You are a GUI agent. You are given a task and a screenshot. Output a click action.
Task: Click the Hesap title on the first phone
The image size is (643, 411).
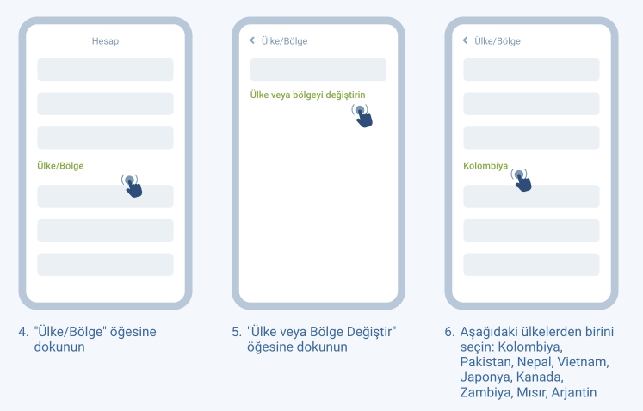click(x=105, y=41)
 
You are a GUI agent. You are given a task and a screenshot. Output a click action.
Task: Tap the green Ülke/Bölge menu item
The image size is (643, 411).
click(x=60, y=166)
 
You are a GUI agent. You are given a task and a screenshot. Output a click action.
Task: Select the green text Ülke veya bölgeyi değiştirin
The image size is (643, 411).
click(x=307, y=95)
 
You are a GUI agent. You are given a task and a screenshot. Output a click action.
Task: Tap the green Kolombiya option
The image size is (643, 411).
click(x=485, y=166)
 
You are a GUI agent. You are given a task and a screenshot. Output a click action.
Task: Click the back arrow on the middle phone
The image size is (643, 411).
click(x=252, y=40)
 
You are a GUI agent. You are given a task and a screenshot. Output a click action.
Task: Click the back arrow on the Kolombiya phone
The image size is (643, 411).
click(x=465, y=40)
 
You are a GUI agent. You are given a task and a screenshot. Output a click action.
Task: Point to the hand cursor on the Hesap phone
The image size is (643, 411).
click(x=132, y=186)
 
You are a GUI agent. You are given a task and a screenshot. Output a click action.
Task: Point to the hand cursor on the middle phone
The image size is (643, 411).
click(x=362, y=116)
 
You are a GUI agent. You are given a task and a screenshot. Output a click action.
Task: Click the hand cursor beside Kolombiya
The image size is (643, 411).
click(x=522, y=181)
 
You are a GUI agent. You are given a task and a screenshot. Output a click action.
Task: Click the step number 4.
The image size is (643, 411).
click(x=23, y=332)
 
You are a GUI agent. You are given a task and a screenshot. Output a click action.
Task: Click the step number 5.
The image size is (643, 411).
click(x=237, y=332)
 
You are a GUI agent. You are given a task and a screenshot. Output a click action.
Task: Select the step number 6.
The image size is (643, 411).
click(x=449, y=332)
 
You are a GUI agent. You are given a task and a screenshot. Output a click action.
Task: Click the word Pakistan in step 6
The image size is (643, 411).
click(x=486, y=362)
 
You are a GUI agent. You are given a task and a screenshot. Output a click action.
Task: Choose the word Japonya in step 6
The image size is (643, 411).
click(x=486, y=377)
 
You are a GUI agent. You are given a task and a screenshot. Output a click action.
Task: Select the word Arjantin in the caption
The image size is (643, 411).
click(x=573, y=392)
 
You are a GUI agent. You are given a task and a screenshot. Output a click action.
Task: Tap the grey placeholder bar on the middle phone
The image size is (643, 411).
click(x=318, y=70)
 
